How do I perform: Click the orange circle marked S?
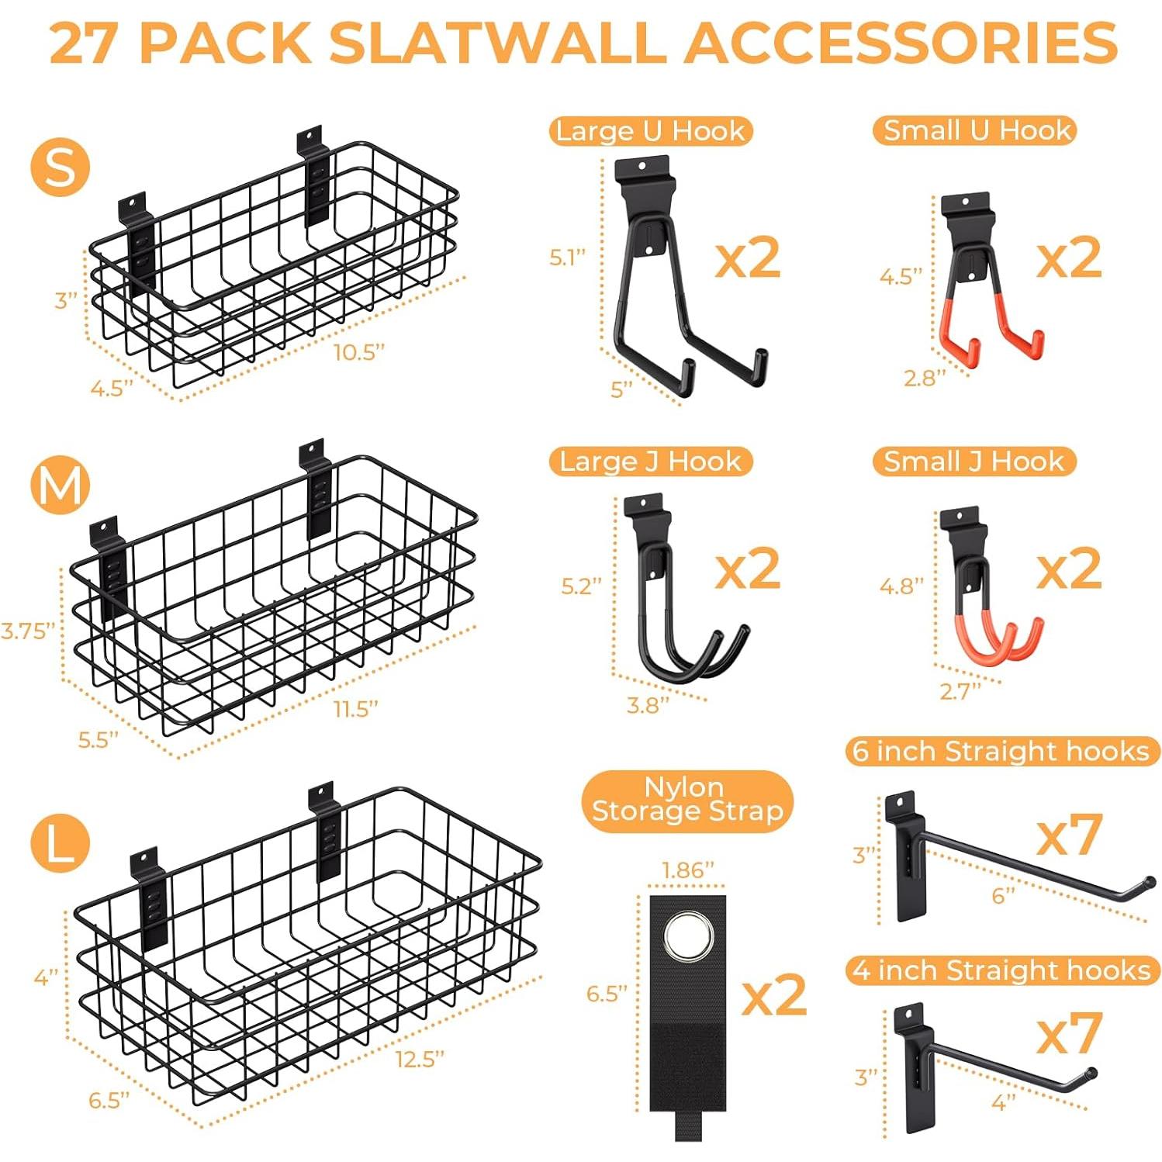(x=61, y=168)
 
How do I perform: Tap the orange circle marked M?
(x=61, y=486)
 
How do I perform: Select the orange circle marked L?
(x=61, y=843)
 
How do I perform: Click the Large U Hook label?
(x=650, y=131)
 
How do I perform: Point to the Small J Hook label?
(x=974, y=462)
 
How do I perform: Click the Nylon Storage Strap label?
(x=687, y=800)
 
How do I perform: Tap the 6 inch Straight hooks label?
(x=1001, y=751)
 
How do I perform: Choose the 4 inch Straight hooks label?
(x=1001, y=970)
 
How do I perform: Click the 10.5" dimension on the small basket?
(x=358, y=352)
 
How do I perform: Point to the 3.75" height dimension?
(x=28, y=631)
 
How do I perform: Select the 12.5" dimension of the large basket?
(x=419, y=1059)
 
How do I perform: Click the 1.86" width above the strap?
(x=687, y=870)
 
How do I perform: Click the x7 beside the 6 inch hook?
(x=1069, y=835)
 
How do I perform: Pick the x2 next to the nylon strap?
(x=774, y=994)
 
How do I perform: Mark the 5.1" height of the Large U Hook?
(x=568, y=258)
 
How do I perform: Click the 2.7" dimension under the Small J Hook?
(x=960, y=690)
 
